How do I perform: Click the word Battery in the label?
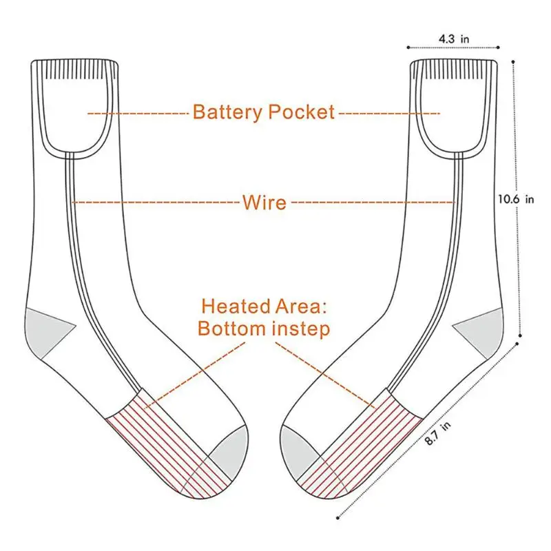point(228,112)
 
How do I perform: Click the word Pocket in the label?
point(302,112)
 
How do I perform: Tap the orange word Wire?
point(264,202)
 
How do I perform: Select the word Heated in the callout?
point(236,306)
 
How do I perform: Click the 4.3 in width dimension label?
point(454,39)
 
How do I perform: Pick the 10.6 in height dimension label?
point(516,199)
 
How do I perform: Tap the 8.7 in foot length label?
point(437,433)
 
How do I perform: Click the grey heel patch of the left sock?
point(45,331)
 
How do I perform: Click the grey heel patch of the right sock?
point(481,331)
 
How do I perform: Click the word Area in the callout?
point(301,306)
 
